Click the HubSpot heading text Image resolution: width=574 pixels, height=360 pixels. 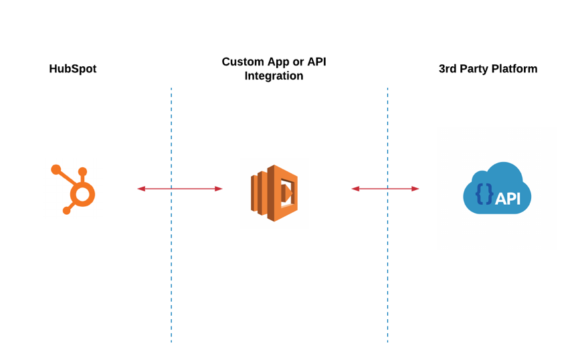point(72,69)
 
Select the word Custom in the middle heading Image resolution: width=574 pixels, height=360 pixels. point(243,62)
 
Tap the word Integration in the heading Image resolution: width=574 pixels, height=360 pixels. point(274,76)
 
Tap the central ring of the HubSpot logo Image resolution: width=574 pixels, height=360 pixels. point(82,195)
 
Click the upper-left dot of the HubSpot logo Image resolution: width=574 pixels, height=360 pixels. point(56,170)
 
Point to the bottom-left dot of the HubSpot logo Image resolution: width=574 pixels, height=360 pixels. point(67,211)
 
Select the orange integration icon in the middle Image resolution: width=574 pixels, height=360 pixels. point(274,193)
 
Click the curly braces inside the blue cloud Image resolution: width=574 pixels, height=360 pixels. point(484,194)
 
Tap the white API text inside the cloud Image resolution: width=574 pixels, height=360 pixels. point(508,198)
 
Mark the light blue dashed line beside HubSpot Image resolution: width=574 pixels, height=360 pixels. point(171,268)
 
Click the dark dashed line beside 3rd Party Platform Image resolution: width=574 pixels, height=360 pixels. point(387,268)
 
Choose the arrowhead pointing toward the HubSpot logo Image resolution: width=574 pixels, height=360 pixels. point(141,189)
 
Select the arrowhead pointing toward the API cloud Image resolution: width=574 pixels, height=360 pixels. point(415,189)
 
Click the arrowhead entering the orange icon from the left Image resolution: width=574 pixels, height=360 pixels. point(219,189)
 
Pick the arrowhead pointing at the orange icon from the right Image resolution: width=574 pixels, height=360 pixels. point(355,189)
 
